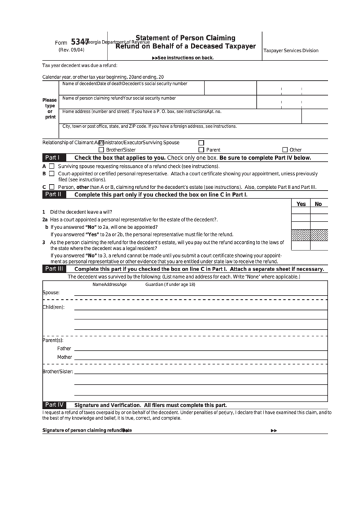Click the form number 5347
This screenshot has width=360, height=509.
(x=81, y=41)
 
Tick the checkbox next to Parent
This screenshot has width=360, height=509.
(x=201, y=150)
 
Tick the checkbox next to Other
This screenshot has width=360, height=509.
(x=284, y=150)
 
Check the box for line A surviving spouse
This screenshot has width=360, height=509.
(x=52, y=166)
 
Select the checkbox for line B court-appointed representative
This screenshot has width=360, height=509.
(x=52, y=173)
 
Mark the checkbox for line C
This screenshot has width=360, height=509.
(x=52, y=186)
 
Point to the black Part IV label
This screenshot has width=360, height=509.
(x=54, y=404)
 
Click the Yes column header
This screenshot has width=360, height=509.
(x=301, y=204)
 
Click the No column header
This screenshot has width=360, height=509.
(x=318, y=204)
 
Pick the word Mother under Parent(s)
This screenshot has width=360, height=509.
(x=65, y=357)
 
